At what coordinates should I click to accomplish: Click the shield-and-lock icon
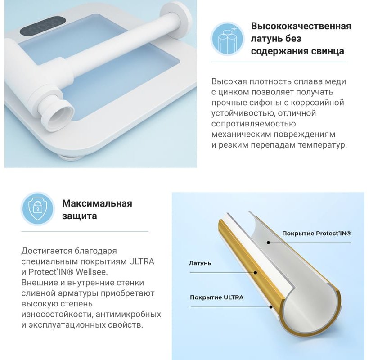click(38, 208)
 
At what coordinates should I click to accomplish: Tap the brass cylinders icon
click(228, 39)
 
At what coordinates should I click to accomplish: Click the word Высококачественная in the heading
click(301, 26)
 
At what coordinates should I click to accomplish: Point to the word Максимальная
click(97, 203)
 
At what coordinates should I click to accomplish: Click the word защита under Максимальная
click(80, 216)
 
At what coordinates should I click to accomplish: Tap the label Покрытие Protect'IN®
click(316, 234)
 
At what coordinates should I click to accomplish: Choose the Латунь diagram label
click(200, 263)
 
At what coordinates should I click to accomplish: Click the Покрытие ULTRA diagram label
click(217, 297)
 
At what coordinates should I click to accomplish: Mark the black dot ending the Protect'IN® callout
click(268, 243)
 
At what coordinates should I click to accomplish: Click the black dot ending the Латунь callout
click(255, 273)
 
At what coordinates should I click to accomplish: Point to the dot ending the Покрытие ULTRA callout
click(271, 307)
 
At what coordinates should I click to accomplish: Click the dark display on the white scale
click(42, 25)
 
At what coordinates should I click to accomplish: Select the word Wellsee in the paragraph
click(91, 272)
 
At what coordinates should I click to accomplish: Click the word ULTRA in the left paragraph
click(141, 261)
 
